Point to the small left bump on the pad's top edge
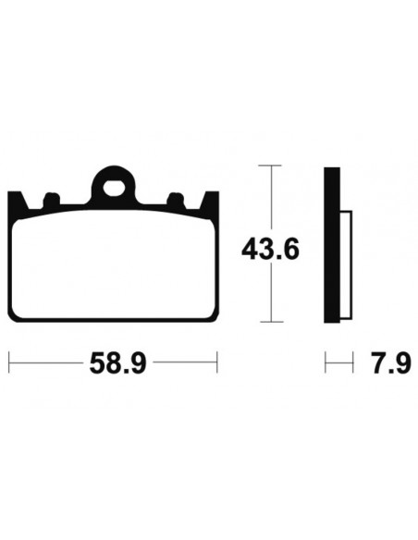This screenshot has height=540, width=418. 51,198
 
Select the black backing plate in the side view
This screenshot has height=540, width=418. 332,245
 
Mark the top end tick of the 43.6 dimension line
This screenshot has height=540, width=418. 269,166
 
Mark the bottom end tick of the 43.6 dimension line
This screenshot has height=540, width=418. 269,322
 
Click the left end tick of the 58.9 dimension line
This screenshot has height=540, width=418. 8,362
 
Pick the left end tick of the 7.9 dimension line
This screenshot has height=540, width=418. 326,362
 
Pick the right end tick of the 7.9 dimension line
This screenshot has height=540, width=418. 353,362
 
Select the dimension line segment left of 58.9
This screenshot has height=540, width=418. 46,362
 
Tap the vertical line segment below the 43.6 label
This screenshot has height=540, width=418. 269,296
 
